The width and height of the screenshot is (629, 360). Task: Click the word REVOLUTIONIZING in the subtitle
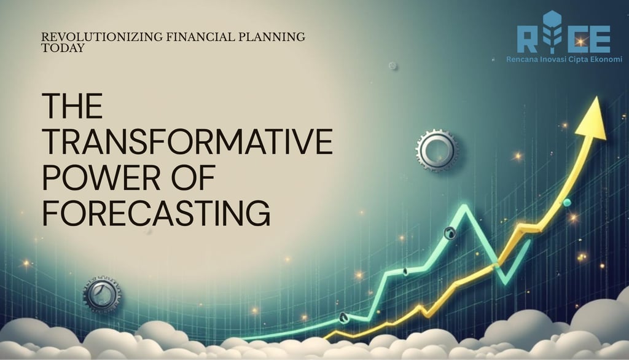[102, 37]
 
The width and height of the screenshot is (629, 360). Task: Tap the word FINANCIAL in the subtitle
[200, 37]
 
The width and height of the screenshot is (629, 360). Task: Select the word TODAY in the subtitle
[63, 48]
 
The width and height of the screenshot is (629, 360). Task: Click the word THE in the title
[72, 106]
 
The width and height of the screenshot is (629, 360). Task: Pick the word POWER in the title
[101, 177]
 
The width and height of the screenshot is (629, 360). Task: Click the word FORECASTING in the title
[156, 213]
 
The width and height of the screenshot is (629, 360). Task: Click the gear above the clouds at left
[102, 295]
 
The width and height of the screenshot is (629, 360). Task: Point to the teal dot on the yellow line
[567, 203]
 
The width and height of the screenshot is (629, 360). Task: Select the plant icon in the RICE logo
[552, 32]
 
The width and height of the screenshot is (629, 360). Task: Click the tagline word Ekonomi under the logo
[607, 60]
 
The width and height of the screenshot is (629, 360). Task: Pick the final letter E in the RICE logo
[600, 39]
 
